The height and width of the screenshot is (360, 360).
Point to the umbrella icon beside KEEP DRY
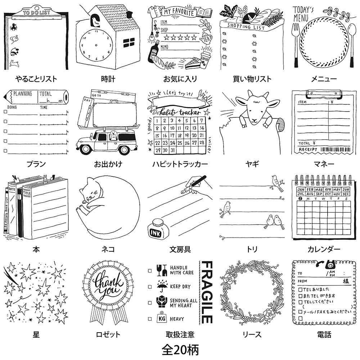coord(161,287)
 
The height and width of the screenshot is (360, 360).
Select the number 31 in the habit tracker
coord(174,150)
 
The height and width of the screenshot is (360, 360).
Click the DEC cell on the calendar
coord(346,194)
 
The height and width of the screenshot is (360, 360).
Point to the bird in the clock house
coord(95,22)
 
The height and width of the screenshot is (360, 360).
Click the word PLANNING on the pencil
coord(23,94)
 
